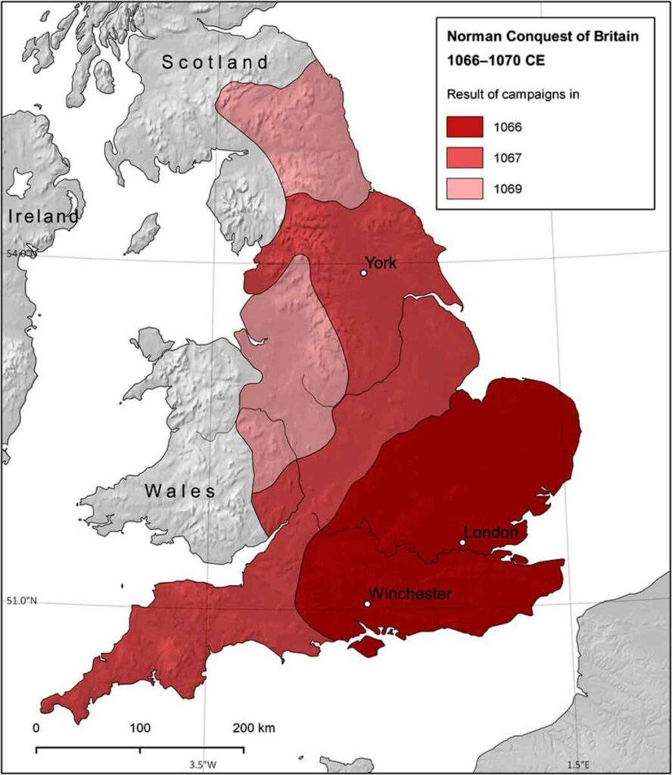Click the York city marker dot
(364, 273)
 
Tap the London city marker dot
(462, 542)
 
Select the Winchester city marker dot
(367, 604)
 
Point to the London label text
(490, 533)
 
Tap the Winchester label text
(410, 593)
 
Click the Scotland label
(216, 62)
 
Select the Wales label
(180, 491)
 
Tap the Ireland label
(43, 216)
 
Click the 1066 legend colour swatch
(465, 126)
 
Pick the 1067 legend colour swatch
(465, 158)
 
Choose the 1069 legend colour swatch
(465, 189)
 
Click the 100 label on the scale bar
(140, 729)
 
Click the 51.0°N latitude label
(21, 602)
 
